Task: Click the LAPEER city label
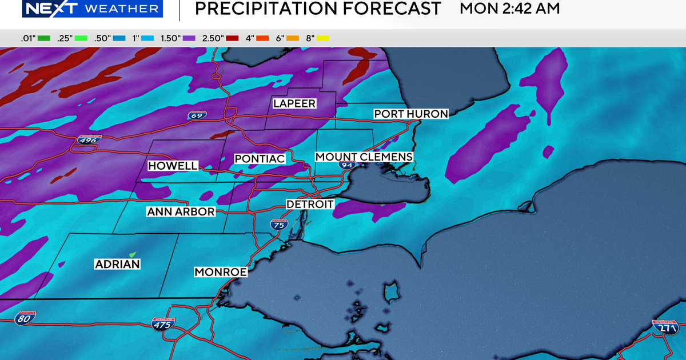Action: (294, 103)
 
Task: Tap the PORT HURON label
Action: (410, 114)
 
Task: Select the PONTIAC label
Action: (260, 158)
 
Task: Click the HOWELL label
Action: (173, 166)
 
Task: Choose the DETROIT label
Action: (309, 204)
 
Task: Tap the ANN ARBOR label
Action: (181, 211)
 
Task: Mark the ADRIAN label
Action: (117, 264)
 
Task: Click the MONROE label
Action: (221, 272)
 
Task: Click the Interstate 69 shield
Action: (197, 115)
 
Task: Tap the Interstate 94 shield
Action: (346, 165)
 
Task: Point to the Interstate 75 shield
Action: (279, 225)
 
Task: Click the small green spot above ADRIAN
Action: (133, 254)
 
